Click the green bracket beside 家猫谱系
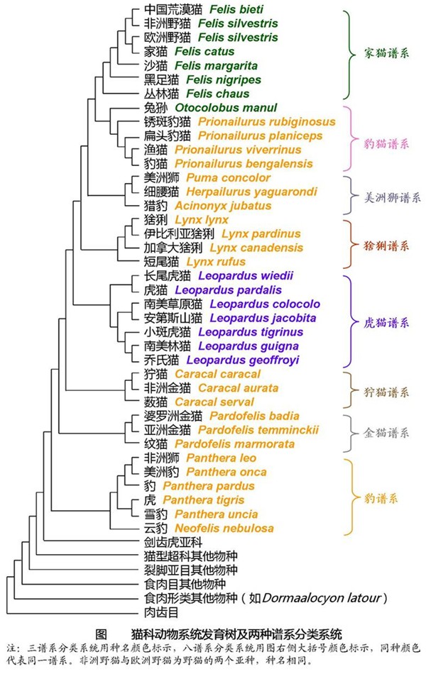click(349, 55)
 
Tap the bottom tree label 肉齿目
click(160, 611)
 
